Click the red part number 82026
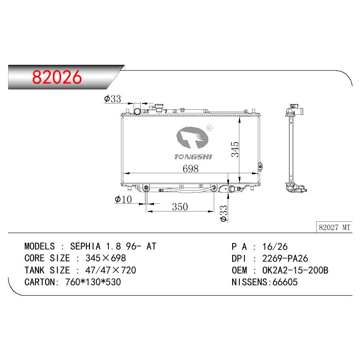[x=57, y=77]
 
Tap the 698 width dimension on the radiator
[x=190, y=169]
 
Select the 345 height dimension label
[x=235, y=149]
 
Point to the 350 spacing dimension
[x=180, y=207]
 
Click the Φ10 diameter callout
[x=123, y=199]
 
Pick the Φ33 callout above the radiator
[x=112, y=99]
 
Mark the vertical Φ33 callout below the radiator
[x=223, y=213]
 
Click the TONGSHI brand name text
[x=193, y=157]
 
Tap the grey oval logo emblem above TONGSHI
[x=193, y=137]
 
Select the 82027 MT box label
[x=334, y=227]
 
